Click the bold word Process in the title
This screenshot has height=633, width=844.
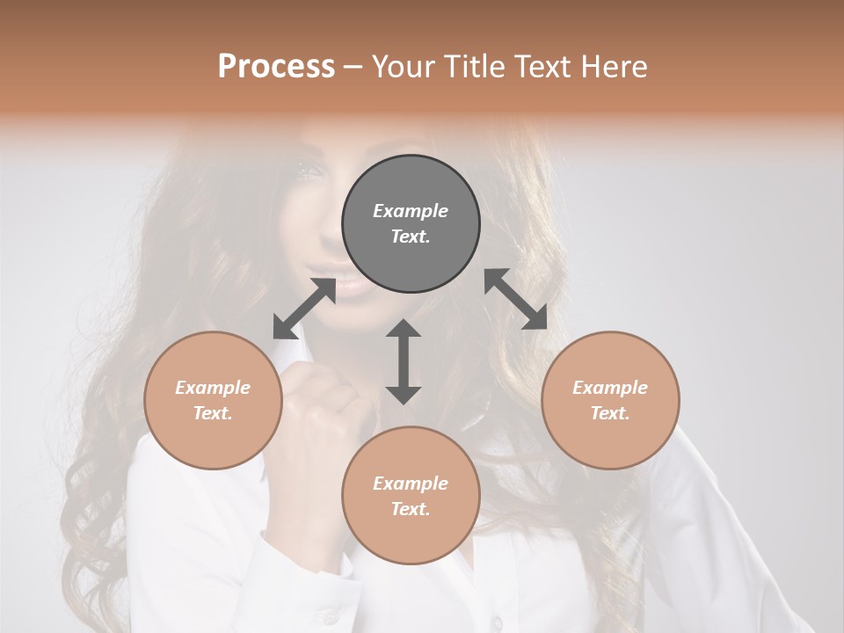tap(276, 67)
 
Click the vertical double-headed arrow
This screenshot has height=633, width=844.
tap(404, 361)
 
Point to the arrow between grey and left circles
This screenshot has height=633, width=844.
tap(304, 309)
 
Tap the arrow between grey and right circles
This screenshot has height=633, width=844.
tap(516, 300)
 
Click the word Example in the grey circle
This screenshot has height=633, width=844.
tap(411, 211)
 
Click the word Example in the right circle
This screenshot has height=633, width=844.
tap(610, 388)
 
